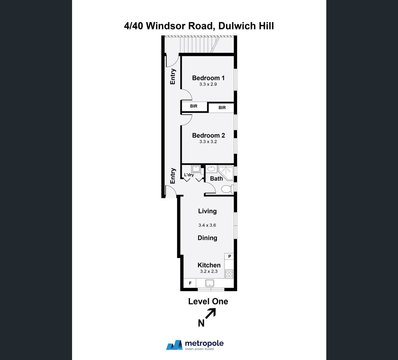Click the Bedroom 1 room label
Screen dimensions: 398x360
point(208,78)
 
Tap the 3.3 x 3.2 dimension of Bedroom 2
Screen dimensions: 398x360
point(208,142)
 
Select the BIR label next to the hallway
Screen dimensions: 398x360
point(194,106)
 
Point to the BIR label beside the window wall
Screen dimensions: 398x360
point(222,108)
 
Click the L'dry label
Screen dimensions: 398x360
point(189,175)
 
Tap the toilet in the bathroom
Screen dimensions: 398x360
point(227,189)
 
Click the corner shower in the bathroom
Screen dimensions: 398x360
point(226,173)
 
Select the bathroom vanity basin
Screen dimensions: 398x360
point(211,169)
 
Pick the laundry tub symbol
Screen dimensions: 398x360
point(196,169)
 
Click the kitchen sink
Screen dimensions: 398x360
point(209,283)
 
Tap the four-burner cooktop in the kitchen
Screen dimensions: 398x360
point(229,274)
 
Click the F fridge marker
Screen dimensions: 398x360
point(190,283)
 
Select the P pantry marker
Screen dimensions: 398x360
point(230,256)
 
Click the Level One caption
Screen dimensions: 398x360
point(208,301)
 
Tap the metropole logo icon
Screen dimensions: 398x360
point(174,345)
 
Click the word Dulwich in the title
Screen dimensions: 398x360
point(234,26)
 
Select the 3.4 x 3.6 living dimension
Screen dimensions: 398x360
point(207,225)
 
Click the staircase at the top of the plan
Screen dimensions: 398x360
point(199,45)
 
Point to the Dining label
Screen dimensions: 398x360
point(207,238)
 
